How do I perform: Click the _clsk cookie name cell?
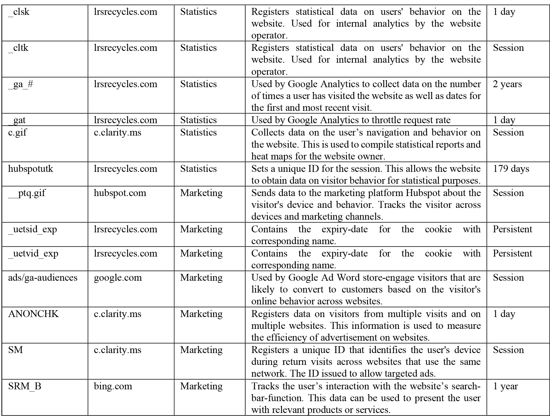coord(19,12)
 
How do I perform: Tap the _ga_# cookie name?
coord(21,84)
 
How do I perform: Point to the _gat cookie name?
coord(17,120)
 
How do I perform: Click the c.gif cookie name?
coord(17,133)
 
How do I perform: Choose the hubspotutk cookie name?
coord(31,169)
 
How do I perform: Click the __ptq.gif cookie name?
coord(27,193)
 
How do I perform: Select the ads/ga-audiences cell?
coord(43,277)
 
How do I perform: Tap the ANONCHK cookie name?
coord(33,314)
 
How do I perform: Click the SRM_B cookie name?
coord(24,386)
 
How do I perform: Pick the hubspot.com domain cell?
coord(120,193)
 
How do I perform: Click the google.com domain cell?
coord(118,277)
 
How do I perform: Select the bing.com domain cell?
coord(113,386)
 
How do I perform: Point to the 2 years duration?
coord(507,84)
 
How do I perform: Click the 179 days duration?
coord(511,169)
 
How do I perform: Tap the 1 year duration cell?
coord(505,386)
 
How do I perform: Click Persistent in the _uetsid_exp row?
coord(512,229)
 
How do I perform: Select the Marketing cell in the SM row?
coord(201,350)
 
